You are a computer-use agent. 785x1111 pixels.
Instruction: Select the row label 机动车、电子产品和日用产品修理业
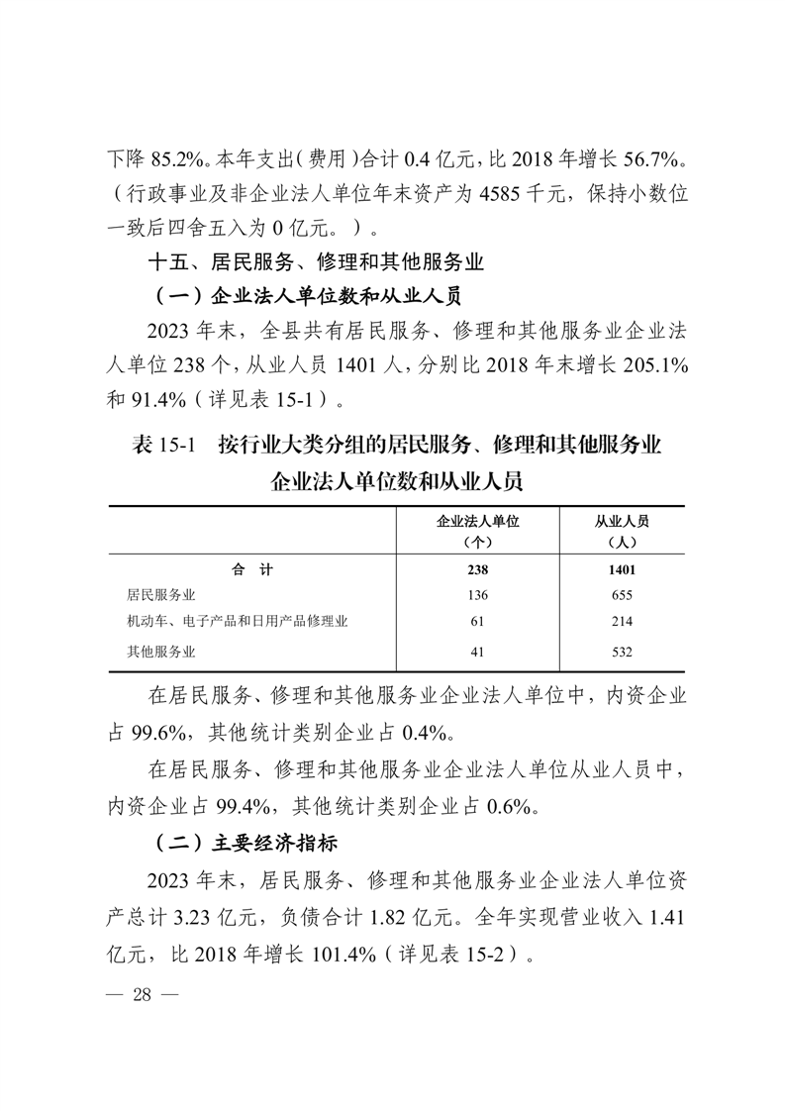click(238, 622)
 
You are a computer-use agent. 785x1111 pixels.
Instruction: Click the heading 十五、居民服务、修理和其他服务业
click(314, 263)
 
